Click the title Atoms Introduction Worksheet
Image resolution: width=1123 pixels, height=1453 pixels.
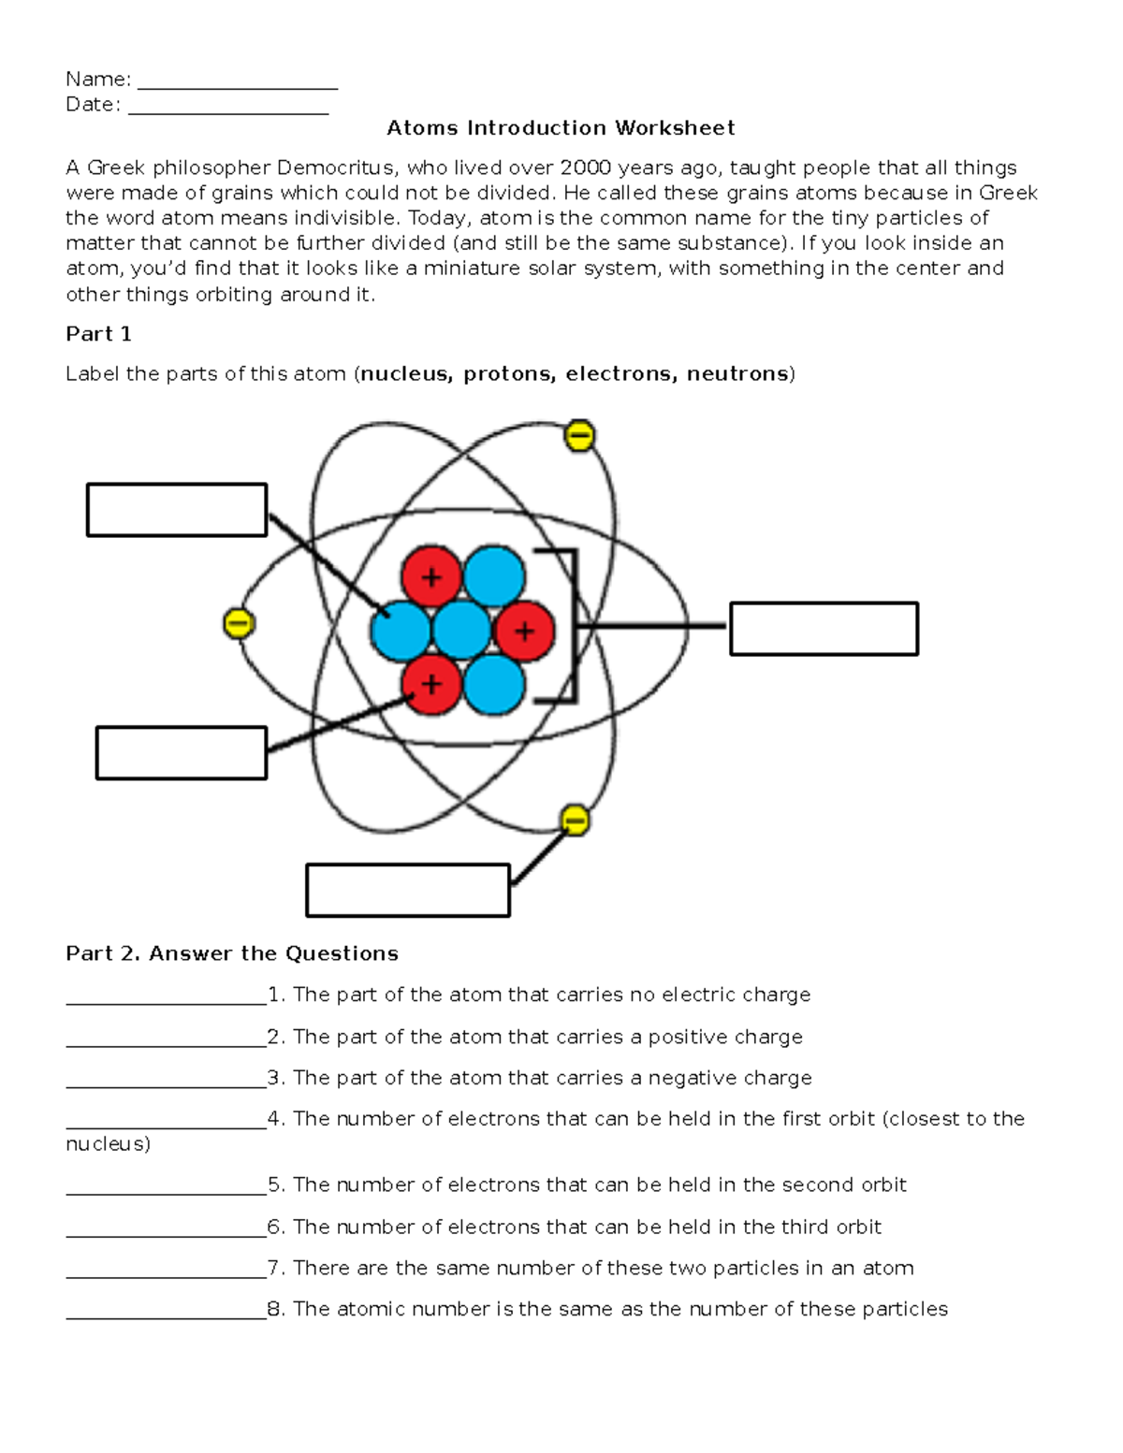click(x=561, y=128)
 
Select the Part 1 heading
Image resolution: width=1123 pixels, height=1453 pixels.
click(x=98, y=334)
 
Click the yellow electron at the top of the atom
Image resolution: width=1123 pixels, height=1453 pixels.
click(x=579, y=436)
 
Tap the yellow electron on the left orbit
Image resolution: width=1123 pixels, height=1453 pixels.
click(x=239, y=624)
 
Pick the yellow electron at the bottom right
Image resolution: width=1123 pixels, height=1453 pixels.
click(x=575, y=821)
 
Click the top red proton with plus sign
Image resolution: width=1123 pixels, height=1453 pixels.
click(x=431, y=577)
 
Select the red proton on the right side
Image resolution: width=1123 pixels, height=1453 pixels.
click(x=524, y=632)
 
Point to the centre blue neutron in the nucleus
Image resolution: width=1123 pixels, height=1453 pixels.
click(x=462, y=630)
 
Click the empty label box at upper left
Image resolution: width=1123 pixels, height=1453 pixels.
click(x=177, y=510)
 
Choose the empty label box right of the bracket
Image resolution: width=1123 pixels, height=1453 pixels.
click(x=824, y=629)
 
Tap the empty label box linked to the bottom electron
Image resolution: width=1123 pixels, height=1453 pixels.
click(x=408, y=890)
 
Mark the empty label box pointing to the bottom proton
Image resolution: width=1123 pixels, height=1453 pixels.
click(x=182, y=753)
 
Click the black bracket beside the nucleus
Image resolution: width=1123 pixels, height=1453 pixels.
click(x=571, y=625)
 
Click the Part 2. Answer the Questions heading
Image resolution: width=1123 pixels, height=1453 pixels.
click(x=232, y=953)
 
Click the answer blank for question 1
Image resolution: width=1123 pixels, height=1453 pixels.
click(x=167, y=997)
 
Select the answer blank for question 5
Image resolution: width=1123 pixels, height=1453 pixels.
click(x=167, y=1188)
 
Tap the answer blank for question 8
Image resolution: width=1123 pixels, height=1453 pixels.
click(x=167, y=1312)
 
